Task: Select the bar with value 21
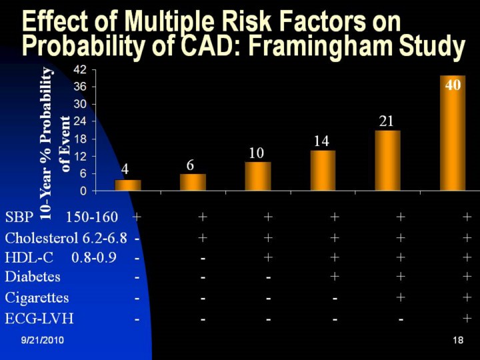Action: point(387,161)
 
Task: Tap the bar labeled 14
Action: point(323,171)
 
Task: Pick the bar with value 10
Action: point(257,176)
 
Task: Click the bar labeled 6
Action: point(193,182)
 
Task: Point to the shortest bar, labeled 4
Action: point(128,185)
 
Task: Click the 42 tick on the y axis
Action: point(80,69)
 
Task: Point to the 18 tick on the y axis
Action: point(80,139)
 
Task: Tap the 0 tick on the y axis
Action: point(83,191)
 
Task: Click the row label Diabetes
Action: point(33,277)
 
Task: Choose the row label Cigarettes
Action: point(37,298)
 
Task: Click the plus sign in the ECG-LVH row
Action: point(467,319)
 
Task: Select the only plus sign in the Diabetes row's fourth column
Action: point(335,277)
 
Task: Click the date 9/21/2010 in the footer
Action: point(41,341)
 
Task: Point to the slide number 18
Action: point(457,341)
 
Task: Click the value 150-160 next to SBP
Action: point(92,217)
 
